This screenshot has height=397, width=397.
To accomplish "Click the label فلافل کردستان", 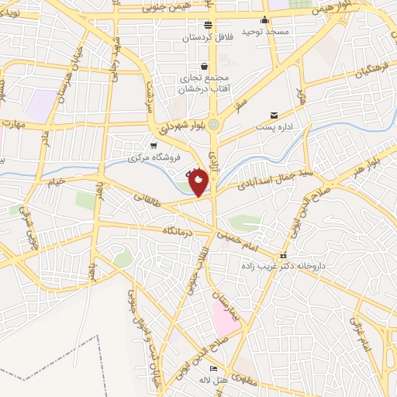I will (207, 37).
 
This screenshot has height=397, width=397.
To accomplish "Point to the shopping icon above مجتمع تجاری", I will (204, 66).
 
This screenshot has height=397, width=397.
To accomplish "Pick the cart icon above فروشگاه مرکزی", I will (154, 145).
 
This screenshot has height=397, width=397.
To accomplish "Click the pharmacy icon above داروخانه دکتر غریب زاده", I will (282, 255).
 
